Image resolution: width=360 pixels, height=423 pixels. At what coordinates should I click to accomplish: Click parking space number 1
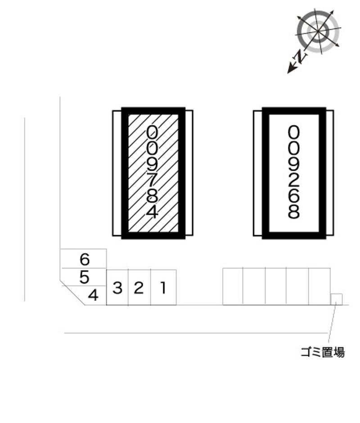163,287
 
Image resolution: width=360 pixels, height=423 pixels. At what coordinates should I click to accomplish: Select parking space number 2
139,287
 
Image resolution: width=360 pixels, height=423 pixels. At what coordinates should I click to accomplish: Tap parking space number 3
117,287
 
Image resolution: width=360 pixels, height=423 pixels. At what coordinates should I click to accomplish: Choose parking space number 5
84,277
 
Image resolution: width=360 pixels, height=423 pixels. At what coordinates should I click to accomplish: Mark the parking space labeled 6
84,259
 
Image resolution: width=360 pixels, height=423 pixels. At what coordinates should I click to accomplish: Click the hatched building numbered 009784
153,173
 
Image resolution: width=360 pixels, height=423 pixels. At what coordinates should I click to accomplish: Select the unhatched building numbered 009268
294,173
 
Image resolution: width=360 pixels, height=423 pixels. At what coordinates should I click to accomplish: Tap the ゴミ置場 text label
323,352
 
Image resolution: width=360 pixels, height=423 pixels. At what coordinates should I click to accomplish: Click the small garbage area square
337,299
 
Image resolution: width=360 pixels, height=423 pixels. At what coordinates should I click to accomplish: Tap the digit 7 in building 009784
152,179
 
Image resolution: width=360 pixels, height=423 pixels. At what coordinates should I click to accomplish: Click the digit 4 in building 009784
153,212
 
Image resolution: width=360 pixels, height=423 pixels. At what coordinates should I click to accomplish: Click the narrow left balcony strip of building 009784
117,173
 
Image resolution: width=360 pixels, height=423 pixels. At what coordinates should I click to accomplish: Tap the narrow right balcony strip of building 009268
329,173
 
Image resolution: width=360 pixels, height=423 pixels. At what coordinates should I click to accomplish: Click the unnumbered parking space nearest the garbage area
319,286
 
